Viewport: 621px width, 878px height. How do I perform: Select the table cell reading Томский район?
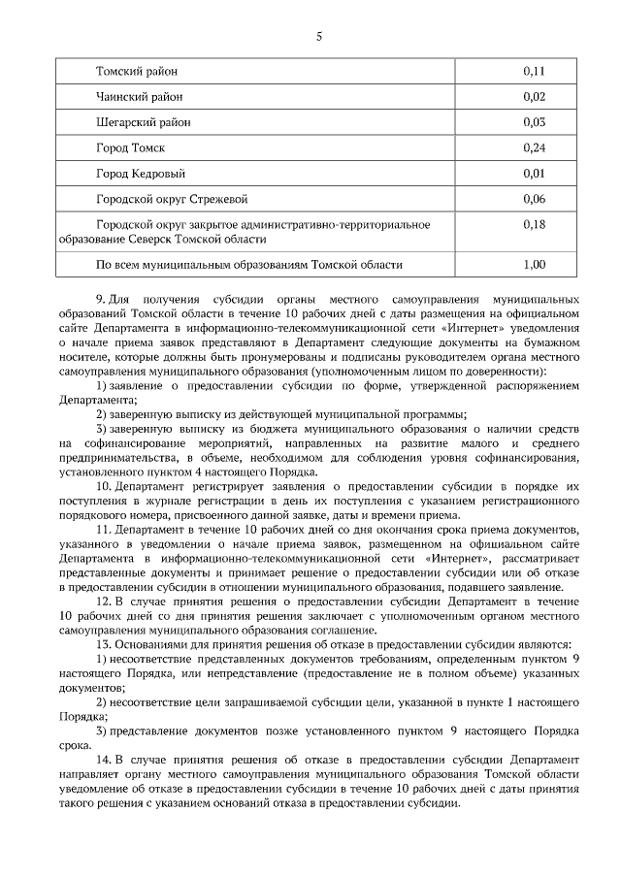(x=137, y=71)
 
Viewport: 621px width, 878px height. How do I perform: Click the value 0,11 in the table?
(x=534, y=71)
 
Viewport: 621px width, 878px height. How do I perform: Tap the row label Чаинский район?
(x=139, y=96)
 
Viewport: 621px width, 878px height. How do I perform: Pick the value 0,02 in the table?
(x=534, y=96)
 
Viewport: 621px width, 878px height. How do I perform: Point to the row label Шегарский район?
(x=144, y=122)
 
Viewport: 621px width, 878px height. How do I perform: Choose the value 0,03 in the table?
(x=534, y=122)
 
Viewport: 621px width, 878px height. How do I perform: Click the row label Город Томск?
(x=130, y=147)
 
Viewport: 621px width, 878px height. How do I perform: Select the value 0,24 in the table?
(x=534, y=147)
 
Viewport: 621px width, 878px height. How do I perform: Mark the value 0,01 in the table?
(x=534, y=174)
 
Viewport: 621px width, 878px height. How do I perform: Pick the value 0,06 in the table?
(x=534, y=199)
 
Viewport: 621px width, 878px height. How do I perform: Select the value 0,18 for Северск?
(x=534, y=224)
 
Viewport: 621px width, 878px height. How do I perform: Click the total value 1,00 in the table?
(x=534, y=263)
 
